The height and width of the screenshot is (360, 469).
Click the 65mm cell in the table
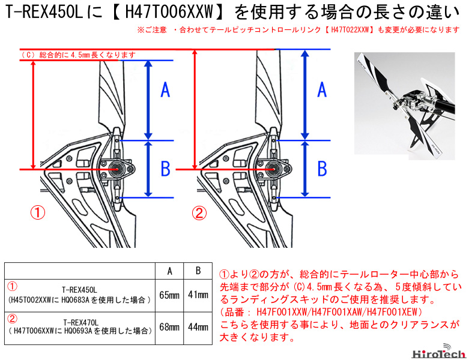[x=170, y=295]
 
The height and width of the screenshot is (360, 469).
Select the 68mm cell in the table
[x=170, y=327]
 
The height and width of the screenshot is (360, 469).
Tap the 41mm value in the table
[x=198, y=295]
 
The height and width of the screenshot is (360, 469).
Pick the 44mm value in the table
[x=198, y=327]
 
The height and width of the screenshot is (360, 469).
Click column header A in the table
[x=170, y=271]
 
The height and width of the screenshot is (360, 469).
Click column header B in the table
[x=198, y=271]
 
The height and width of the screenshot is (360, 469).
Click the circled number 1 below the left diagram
[x=38, y=212]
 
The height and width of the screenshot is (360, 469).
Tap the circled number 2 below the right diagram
[x=198, y=212]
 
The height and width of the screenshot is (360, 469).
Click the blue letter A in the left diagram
[x=165, y=90]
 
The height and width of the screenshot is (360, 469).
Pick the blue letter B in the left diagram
[x=165, y=169]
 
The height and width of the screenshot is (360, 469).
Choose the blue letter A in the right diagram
[x=322, y=90]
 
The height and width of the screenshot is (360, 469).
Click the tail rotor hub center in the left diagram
[x=116, y=169]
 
